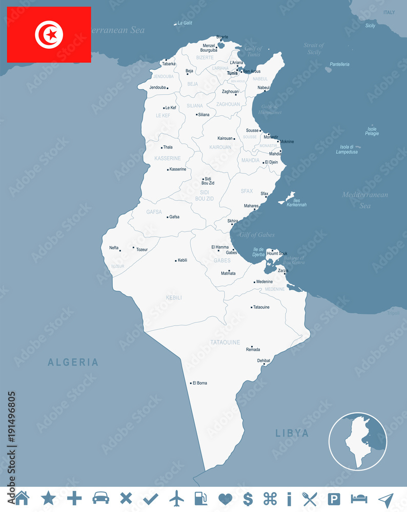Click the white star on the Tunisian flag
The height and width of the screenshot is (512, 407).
coord(51,34)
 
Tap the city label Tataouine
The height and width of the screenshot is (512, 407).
coord(261,307)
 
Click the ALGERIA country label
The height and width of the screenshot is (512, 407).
coord(73,362)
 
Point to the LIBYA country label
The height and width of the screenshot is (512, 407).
coord(292,433)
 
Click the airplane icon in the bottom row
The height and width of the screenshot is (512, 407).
coord(176,498)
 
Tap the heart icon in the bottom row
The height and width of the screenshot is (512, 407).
coord(226,498)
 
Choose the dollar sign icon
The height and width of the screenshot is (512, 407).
coord(248,498)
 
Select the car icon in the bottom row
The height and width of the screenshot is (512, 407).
coord(100,498)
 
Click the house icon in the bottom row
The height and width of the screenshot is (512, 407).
coord(22,498)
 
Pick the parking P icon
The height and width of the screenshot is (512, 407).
coord(334,498)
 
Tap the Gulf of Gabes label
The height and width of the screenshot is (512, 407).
coord(257,234)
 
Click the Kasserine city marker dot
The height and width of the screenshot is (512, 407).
coord(168,169)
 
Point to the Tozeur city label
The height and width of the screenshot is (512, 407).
coord(142,249)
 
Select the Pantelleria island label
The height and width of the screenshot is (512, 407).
coord(340,65)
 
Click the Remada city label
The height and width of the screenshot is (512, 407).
coord(253,350)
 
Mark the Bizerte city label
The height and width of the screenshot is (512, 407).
coord(222,37)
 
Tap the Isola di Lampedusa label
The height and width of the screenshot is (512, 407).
coord(347,150)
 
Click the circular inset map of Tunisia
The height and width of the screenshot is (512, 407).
coord(358,441)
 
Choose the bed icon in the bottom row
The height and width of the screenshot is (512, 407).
coord(359,498)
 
